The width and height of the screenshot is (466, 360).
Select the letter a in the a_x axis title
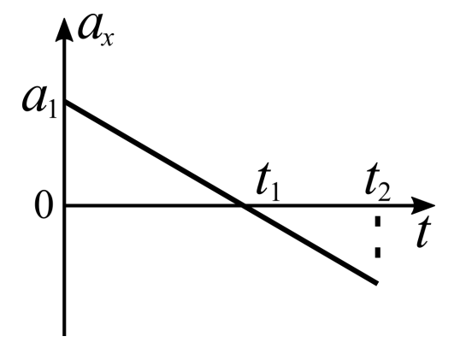click(90, 27)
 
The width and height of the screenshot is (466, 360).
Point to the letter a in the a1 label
click(34, 100)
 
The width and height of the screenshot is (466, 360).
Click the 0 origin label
click(44, 206)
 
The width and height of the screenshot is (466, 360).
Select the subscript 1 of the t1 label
click(275, 193)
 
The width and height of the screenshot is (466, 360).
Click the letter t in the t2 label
click(373, 179)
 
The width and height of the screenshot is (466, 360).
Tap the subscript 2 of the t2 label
click(384, 192)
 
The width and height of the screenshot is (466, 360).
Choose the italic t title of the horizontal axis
click(423, 232)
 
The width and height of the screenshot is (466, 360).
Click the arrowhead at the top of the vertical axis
click(64, 29)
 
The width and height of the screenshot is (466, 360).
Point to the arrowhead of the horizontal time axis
click(423, 205)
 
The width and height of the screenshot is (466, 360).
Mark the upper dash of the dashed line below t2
click(378, 221)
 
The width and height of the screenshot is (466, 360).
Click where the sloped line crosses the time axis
click(244, 205)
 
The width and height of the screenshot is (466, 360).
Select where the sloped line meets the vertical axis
click(65, 103)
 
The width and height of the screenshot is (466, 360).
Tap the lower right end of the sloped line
click(377, 283)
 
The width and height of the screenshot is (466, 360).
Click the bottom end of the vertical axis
click(64, 335)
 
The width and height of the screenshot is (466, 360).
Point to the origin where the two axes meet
click(64, 205)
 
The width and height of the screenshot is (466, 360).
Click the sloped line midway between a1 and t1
click(154, 154)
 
